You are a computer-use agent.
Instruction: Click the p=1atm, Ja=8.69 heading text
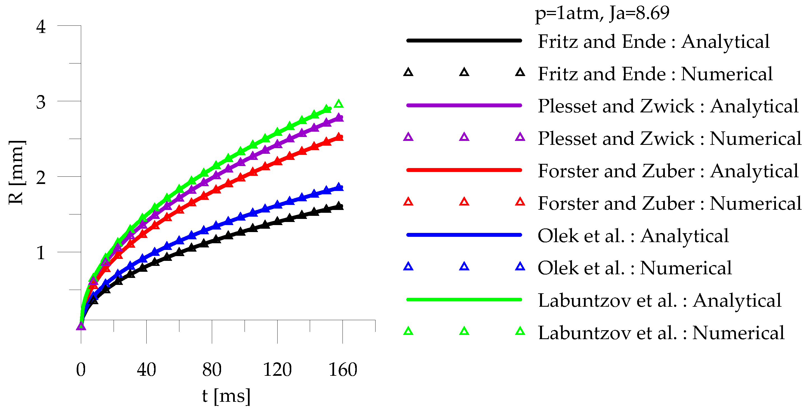(x=602, y=13)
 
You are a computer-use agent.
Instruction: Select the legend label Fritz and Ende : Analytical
(x=653, y=41)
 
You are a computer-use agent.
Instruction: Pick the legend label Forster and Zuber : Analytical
(x=668, y=171)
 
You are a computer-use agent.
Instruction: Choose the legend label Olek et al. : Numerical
(x=634, y=268)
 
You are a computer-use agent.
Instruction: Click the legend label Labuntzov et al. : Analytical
(x=660, y=301)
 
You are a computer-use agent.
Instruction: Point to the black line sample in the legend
(x=464, y=40)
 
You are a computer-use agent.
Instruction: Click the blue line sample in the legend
(x=464, y=235)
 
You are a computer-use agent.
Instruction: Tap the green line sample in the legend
(x=464, y=299)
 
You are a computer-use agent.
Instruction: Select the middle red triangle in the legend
(x=464, y=202)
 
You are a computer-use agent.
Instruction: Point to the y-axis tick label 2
(x=41, y=178)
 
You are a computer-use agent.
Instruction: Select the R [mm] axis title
(x=16, y=173)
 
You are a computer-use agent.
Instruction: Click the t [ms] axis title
(x=226, y=396)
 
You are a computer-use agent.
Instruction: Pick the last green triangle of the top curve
(x=339, y=104)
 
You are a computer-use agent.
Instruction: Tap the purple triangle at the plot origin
(x=81, y=327)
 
